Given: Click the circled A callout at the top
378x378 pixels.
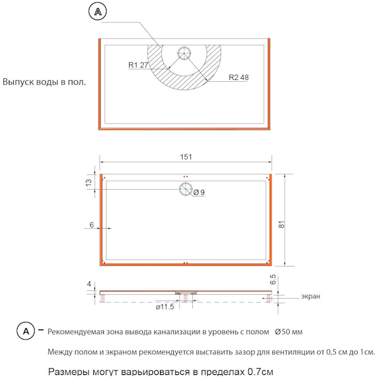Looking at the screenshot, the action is point(98,11).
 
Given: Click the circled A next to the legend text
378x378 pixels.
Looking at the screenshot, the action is point(26,331).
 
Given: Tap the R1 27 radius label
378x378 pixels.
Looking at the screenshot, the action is point(138,65).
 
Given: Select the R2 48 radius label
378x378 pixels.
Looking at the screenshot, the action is point(238,77).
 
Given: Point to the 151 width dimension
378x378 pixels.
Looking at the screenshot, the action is point(186,157).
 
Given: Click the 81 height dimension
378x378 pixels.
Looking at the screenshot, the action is point(282,224).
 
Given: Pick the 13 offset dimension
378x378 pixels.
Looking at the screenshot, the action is point(89,183).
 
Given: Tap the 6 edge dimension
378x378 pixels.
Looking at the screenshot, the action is point(91,225).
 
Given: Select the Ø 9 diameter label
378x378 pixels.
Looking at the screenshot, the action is point(199,192).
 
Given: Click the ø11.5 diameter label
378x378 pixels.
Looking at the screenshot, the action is point(165,307).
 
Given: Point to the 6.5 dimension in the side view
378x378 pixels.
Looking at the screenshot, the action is point(273,279).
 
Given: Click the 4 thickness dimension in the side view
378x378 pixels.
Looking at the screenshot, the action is point(89,284).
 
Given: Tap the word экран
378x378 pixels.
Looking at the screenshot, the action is point(311,296).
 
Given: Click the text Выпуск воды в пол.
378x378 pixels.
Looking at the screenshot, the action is point(44,82).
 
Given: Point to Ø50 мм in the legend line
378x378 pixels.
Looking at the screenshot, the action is point(289,332).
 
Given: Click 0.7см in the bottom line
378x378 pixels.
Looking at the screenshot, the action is point(260,372).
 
